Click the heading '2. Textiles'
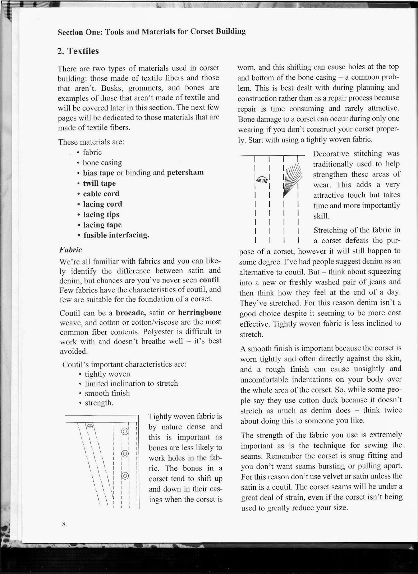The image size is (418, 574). tap(78, 51)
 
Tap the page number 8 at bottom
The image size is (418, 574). tap(64, 524)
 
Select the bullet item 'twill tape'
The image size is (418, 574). tap(99, 183)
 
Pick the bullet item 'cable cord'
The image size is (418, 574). tap(101, 194)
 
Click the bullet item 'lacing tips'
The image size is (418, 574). tap(101, 215)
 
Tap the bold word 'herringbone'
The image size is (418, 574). tap(199, 312)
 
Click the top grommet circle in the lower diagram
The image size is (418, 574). tap(125, 431)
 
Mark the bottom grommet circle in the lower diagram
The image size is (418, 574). tap(125, 476)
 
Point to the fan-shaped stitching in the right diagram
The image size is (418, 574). tap(292, 177)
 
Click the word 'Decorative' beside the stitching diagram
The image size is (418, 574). tap(331, 154)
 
